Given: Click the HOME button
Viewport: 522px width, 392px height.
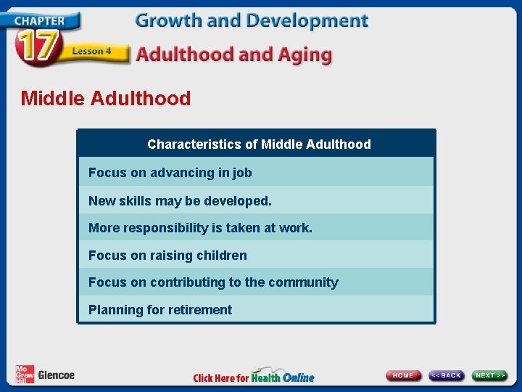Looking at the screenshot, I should pyautogui.click(x=404, y=375).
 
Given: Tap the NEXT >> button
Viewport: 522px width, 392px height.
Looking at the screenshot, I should pyautogui.click(x=491, y=375).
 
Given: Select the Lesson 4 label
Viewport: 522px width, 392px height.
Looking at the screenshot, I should pyautogui.click(x=91, y=51).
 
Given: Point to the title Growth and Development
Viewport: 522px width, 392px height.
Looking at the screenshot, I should pyautogui.click(x=252, y=20).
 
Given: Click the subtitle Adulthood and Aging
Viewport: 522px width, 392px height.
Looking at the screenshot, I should pyautogui.click(x=233, y=54).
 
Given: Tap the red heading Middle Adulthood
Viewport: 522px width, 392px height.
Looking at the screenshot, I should pyautogui.click(x=106, y=98).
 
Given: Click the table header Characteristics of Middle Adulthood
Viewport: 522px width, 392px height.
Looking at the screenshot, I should pyautogui.click(x=259, y=144).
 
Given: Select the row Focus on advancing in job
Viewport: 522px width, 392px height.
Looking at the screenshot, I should pyautogui.click(x=170, y=173).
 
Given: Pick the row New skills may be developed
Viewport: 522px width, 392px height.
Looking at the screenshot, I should pyautogui.click(x=180, y=200).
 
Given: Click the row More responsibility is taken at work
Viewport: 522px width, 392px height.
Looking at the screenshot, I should pyautogui.click(x=200, y=228).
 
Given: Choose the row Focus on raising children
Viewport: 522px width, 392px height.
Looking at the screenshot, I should pyautogui.click(x=167, y=256).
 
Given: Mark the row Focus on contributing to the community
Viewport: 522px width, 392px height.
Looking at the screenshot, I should pyautogui.click(x=213, y=282).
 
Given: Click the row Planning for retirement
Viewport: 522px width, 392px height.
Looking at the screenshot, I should pyautogui.click(x=160, y=310).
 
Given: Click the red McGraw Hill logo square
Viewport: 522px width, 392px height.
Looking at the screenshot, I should pyautogui.click(x=24, y=374).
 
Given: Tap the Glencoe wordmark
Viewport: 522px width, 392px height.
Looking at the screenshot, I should pyautogui.click(x=56, y=375).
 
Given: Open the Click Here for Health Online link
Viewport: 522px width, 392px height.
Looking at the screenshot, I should pyautogui.click(x=254, y=377).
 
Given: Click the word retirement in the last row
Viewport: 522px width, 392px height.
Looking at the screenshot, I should pyautogui.click(x=199, y=310).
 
